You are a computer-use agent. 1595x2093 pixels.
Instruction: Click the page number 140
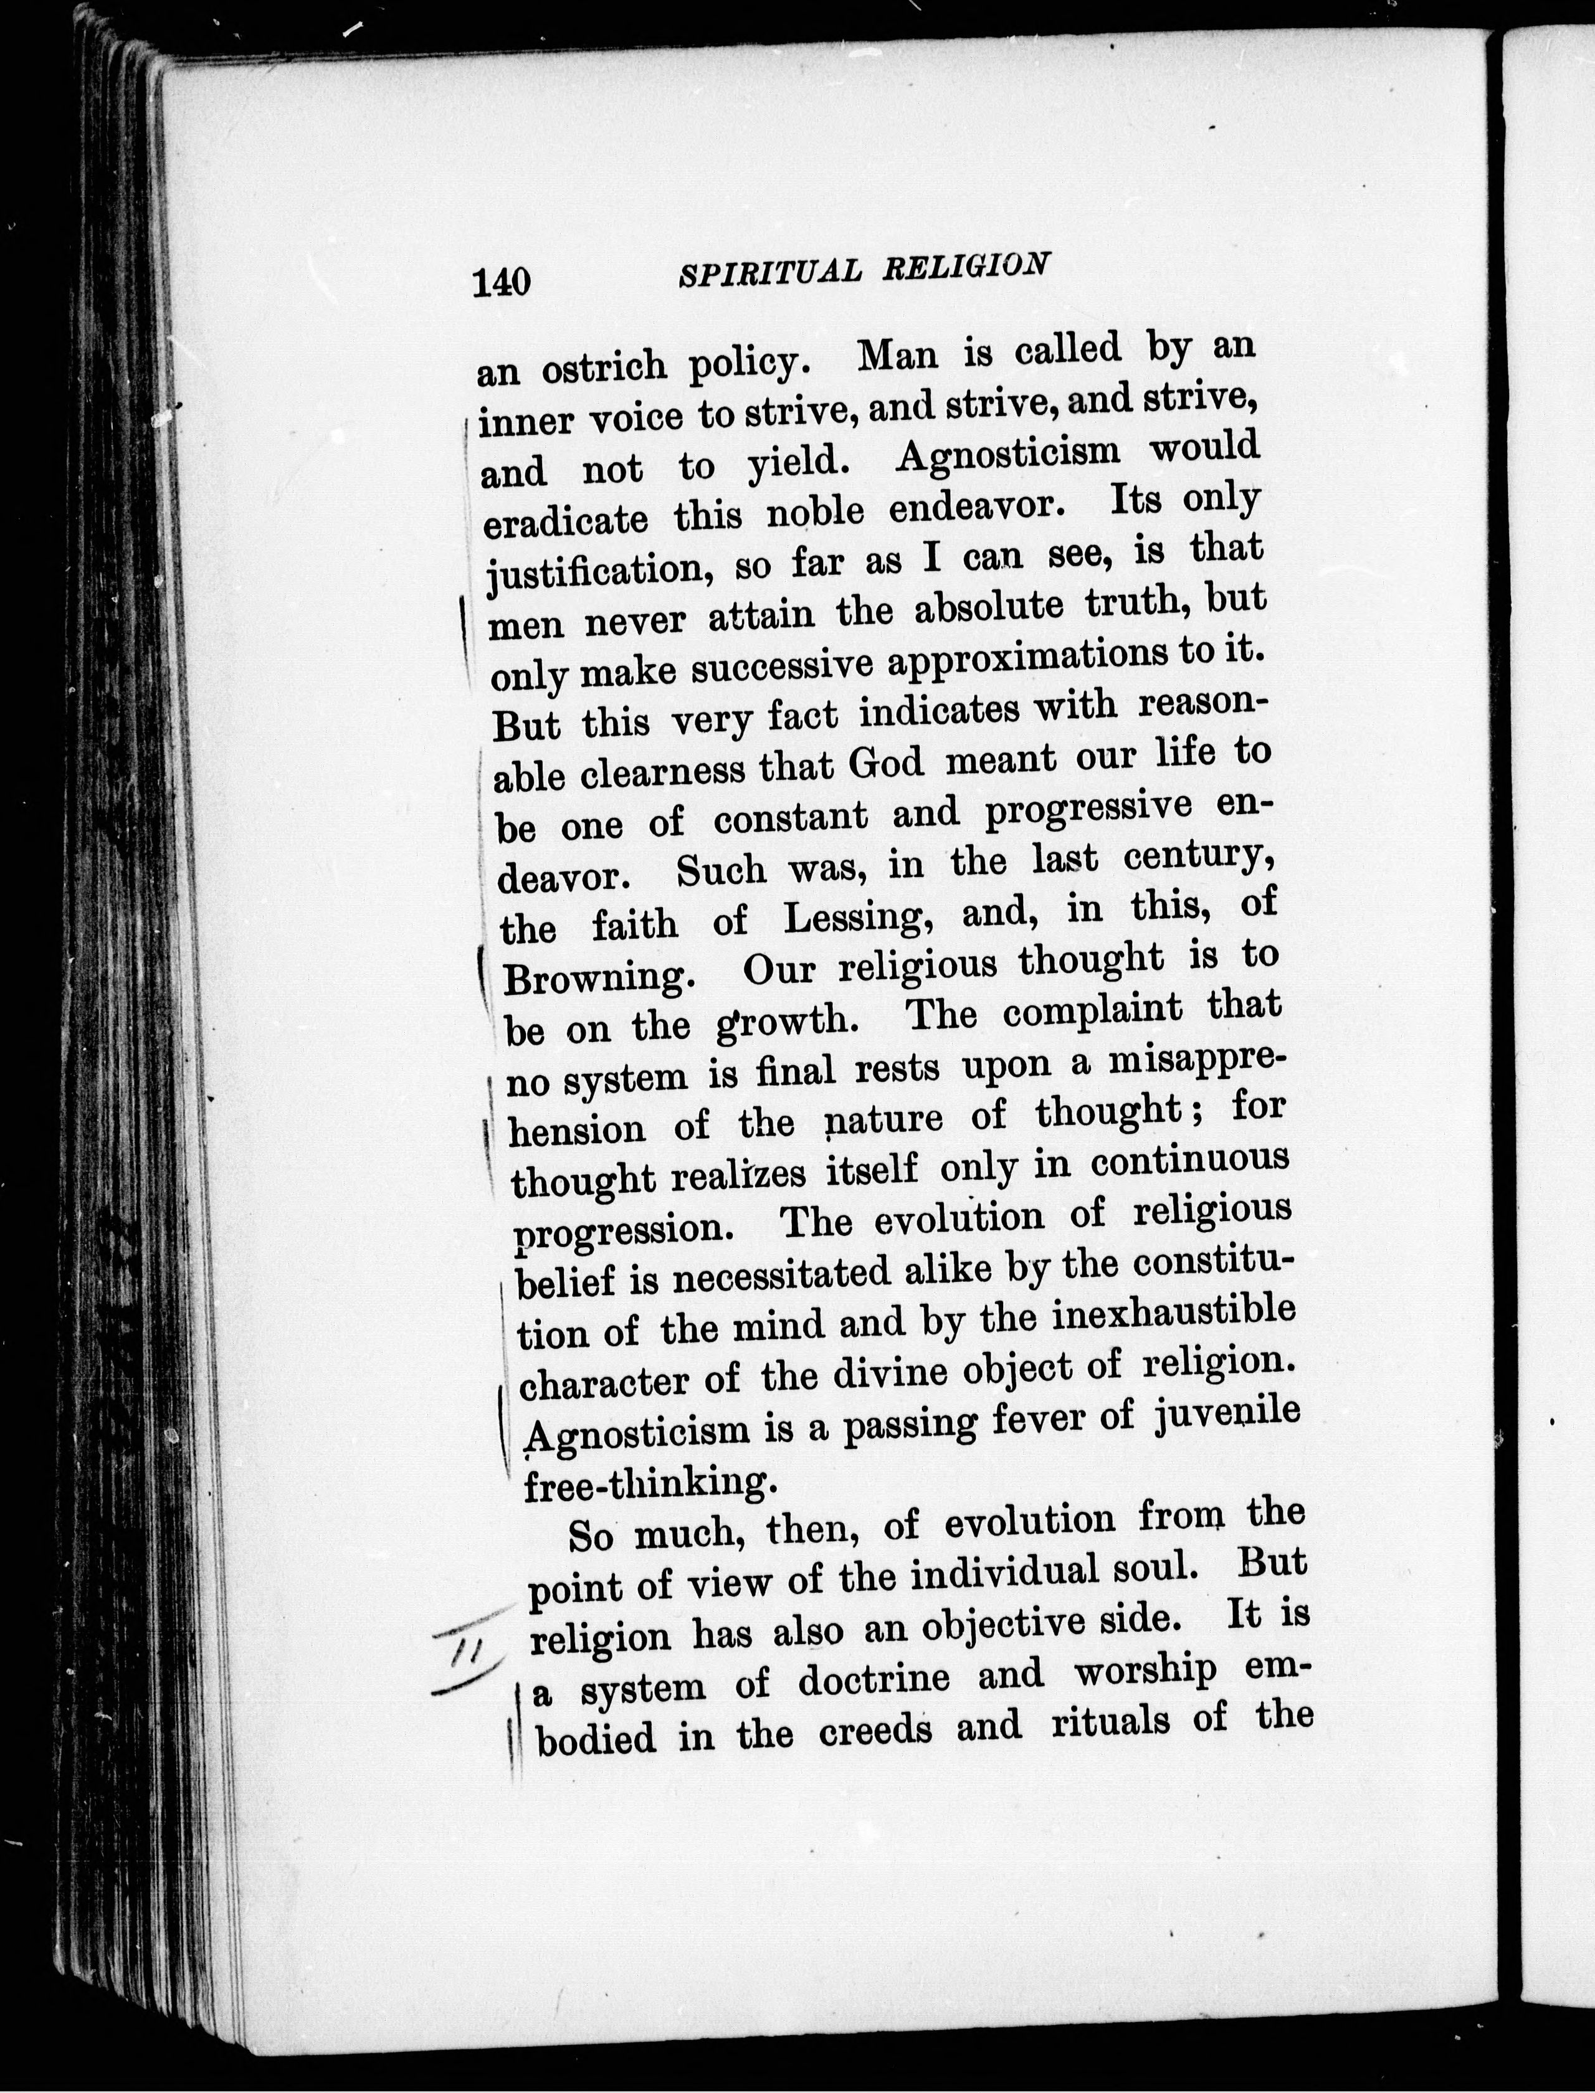[502, 283]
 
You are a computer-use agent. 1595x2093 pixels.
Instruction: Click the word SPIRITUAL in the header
[770, 273]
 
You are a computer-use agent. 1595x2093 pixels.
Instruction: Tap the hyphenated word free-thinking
[645, 1483]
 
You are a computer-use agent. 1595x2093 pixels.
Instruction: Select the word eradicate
[565, 520]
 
